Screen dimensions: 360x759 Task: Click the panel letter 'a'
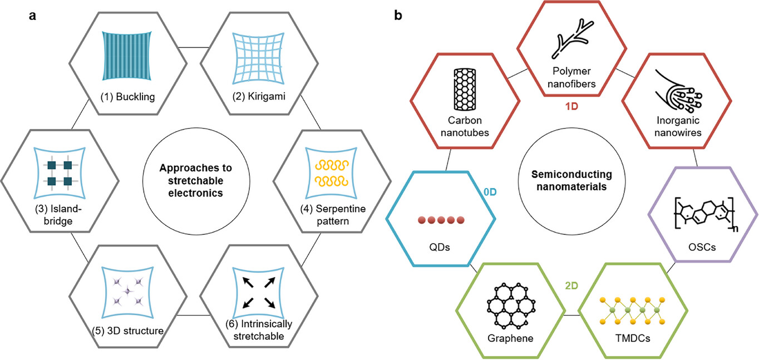click(x=33, y=16)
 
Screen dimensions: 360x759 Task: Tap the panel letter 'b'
click(x=398, y=16)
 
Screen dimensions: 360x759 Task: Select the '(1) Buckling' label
click(x=127, y=97)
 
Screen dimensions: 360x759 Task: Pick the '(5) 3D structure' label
click(x=127, y=331)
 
